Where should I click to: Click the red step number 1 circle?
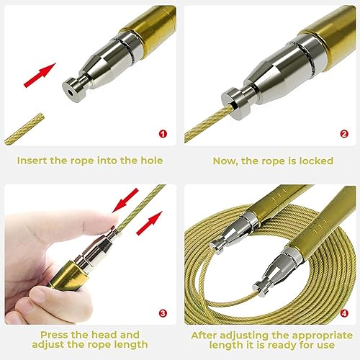click(x=163, y=134)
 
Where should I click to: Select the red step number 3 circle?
click(x=163, y=312)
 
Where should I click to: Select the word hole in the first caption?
click(x=149, y=161)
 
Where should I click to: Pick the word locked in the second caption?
click(x=314, y=161)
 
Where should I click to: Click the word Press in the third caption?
click(x=58, y=334)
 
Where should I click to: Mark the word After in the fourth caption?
click(x=207, y=334)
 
